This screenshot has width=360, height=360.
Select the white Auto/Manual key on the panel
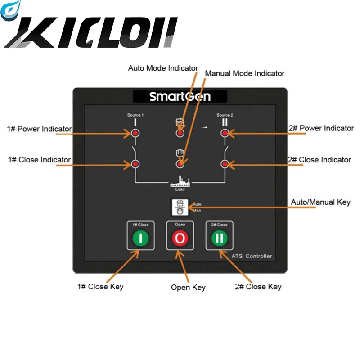(x=180, y=207)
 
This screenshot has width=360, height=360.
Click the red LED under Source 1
(x=135, y=133)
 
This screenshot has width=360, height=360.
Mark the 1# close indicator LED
(x=135, y=164)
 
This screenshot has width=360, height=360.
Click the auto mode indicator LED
(x=180, y=134)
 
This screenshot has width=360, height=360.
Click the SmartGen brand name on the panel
(x=180, y=96)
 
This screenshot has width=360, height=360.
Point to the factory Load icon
(x=180, y=183)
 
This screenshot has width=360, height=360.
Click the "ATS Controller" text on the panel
(x=252, y=256)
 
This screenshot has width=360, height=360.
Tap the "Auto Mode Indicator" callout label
(x=163, y=68)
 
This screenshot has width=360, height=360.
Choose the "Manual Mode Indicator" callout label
(x=245, y=73)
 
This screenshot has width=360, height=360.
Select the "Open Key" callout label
(x=188, y=288)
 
